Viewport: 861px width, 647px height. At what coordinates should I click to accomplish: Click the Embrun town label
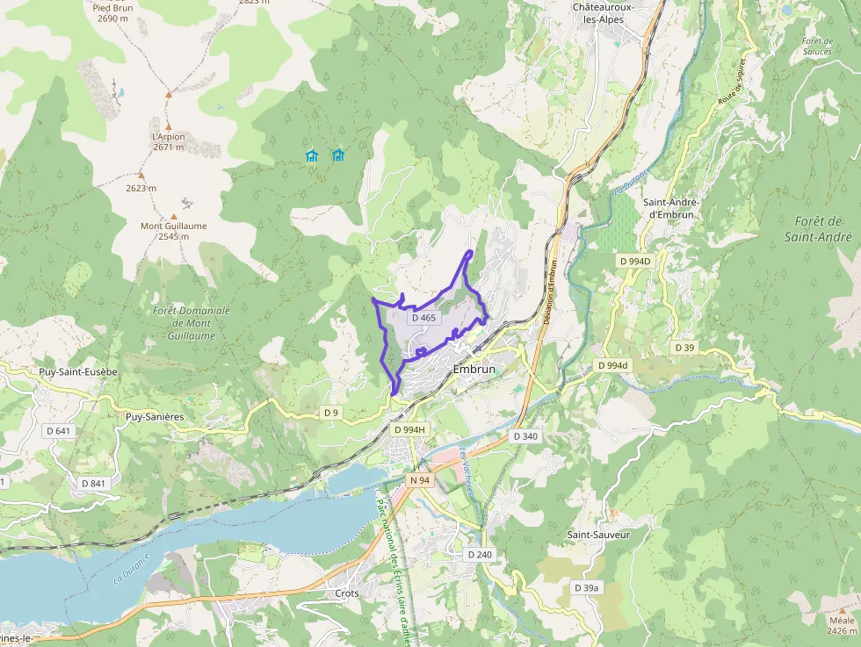click(474, 370)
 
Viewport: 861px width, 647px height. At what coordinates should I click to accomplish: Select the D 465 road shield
click(423, 318)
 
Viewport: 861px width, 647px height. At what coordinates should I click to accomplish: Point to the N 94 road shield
click(420, 480)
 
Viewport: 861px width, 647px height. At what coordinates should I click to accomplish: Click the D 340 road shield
click(525, 436)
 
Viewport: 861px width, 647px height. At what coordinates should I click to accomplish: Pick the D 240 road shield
click(480, 555)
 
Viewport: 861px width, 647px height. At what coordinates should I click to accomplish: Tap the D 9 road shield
click(331, 413)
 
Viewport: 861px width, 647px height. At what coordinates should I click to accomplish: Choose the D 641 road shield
click(61, 431)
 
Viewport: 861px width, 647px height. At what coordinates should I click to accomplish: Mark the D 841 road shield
click(93, 484)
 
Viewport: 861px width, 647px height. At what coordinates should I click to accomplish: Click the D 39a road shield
click(586, 587)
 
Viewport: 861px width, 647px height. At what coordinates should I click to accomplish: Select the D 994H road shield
click(409, 429)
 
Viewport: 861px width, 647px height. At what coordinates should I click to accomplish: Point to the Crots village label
click(347, 593)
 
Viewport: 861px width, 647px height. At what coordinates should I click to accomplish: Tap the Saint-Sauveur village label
click(598, 534)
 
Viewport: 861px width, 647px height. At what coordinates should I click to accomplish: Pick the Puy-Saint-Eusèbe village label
click(78, 371)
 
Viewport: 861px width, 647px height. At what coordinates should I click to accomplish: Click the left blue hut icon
click(311, 155)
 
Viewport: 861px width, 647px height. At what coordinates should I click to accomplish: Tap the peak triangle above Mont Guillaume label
click(173, 215)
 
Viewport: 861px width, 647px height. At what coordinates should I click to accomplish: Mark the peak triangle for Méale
click(841, 608)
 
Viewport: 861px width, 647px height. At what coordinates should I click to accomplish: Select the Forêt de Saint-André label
click(817, 229)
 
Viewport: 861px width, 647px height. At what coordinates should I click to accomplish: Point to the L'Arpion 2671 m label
click(168, 141)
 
